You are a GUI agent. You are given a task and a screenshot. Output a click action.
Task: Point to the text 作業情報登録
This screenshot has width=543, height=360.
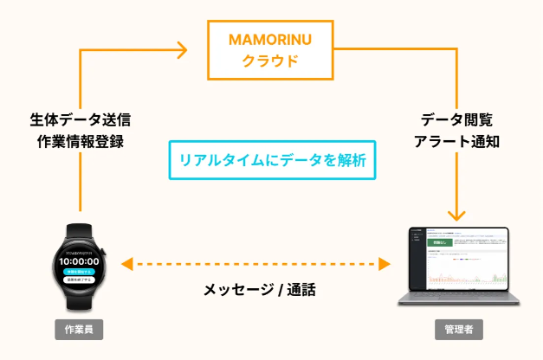point(80,141)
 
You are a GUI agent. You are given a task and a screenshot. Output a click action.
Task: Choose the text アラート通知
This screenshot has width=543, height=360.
point(458,141)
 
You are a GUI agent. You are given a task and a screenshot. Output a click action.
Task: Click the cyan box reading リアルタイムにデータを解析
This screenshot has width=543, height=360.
point(272,160)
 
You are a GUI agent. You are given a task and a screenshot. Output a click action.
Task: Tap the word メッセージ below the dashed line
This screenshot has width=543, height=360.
point(232,290)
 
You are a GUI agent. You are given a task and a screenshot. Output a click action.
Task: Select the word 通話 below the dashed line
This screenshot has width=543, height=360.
point(301,290)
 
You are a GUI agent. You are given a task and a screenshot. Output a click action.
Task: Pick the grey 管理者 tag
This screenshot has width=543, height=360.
point(459,331)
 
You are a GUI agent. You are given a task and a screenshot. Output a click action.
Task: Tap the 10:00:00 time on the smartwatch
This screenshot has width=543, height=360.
point(80,260)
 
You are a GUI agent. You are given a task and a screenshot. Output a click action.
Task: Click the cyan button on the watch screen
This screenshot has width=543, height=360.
point(80,271)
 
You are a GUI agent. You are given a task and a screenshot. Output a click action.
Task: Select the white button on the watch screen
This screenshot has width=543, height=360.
point(80,280)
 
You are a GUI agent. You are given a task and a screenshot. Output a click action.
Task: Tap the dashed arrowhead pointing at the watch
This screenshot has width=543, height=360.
point(126,263)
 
